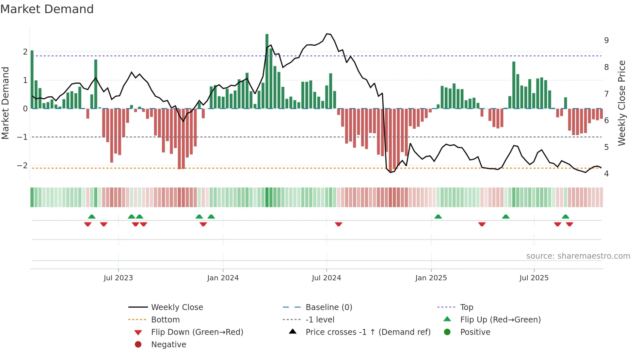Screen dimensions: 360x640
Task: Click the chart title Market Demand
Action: (47, 9)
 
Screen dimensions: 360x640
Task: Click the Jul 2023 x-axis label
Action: (118, 278)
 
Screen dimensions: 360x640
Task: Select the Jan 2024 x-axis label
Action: (223, 278)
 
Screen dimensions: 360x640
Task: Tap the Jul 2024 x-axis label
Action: (327, 278)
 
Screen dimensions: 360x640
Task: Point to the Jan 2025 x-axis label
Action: (431, 278)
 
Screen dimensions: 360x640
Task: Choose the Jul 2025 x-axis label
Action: (534, 278)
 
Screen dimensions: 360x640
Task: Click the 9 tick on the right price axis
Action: (606, 41)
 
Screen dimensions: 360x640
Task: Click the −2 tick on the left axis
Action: (23, 166)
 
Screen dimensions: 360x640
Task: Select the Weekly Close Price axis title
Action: (622, 103)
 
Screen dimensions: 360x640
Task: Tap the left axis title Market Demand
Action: (6, 103)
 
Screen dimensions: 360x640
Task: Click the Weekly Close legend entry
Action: (177, 307)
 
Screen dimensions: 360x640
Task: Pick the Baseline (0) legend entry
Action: (328, 307)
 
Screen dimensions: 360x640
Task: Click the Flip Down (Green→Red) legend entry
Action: (197, 332)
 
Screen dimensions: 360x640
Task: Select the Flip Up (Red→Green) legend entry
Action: (500, 320)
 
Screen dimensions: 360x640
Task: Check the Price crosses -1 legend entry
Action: (368, 332)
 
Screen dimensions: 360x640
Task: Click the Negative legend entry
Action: (168, 345)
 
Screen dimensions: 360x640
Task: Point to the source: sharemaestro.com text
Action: (578, 256)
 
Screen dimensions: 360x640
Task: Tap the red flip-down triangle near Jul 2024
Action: (339, 224)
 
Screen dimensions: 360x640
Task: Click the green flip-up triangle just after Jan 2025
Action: (438, 217)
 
